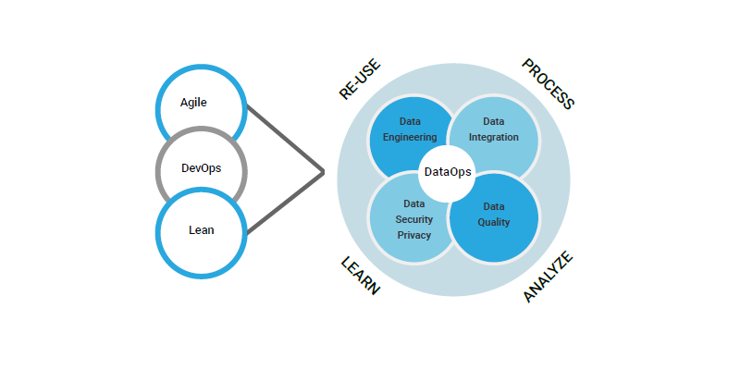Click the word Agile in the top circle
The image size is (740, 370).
point(193,103)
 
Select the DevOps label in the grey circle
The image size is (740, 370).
point(201,168)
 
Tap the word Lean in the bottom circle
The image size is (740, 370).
point(202,230)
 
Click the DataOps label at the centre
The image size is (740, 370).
point(448,172)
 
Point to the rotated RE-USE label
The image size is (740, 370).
point(360,80)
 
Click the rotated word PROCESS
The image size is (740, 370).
point(548,84)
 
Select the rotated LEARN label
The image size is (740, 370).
point(360,276)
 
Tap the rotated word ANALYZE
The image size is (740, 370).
point(548,277)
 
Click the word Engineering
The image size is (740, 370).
point(410,137)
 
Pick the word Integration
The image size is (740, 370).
point(493,137)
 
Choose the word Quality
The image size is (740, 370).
point(494,222)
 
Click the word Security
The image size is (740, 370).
point(413,219)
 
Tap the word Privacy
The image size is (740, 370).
point(413,235)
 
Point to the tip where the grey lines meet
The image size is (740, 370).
point(324,172)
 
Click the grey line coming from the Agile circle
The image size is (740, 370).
point(285,140)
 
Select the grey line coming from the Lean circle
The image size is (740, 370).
point(285,203)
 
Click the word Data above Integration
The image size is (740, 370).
point(493,122)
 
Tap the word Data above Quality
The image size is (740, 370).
point(494,206)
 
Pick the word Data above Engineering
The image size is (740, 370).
point(410,122)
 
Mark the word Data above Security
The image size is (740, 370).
point(413,203)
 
